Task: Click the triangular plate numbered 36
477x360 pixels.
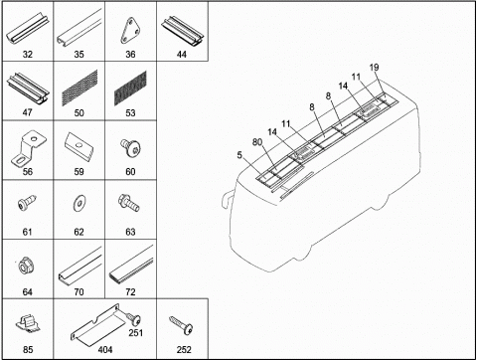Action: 130,31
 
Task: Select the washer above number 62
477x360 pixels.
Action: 79,202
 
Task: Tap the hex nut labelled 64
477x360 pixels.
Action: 27,266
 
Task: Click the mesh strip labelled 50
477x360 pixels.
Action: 79,88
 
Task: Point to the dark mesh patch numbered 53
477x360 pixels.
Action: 130,88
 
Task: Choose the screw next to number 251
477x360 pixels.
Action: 133,319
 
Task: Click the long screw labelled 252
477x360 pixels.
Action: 182,325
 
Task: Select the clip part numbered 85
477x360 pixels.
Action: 28,324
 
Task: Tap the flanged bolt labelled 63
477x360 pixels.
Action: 129,203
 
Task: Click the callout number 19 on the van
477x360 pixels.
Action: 374,68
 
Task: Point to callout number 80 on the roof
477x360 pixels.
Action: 257,142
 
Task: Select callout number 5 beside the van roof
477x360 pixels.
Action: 239,155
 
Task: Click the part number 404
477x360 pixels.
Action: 105,350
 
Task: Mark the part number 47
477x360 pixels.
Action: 28,112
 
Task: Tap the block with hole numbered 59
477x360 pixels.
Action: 79,146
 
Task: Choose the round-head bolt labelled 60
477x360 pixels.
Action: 130,147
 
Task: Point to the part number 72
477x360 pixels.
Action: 130,292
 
